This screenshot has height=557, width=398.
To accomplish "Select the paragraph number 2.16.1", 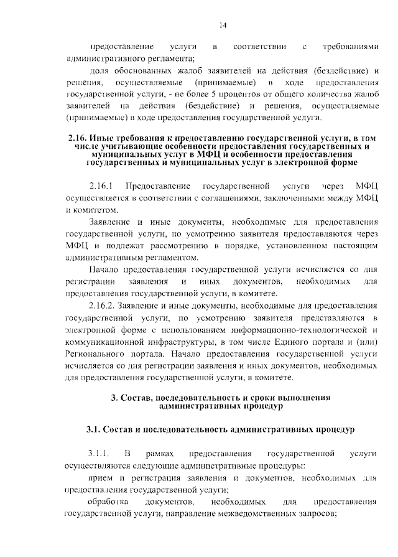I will [x=100, y=186].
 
